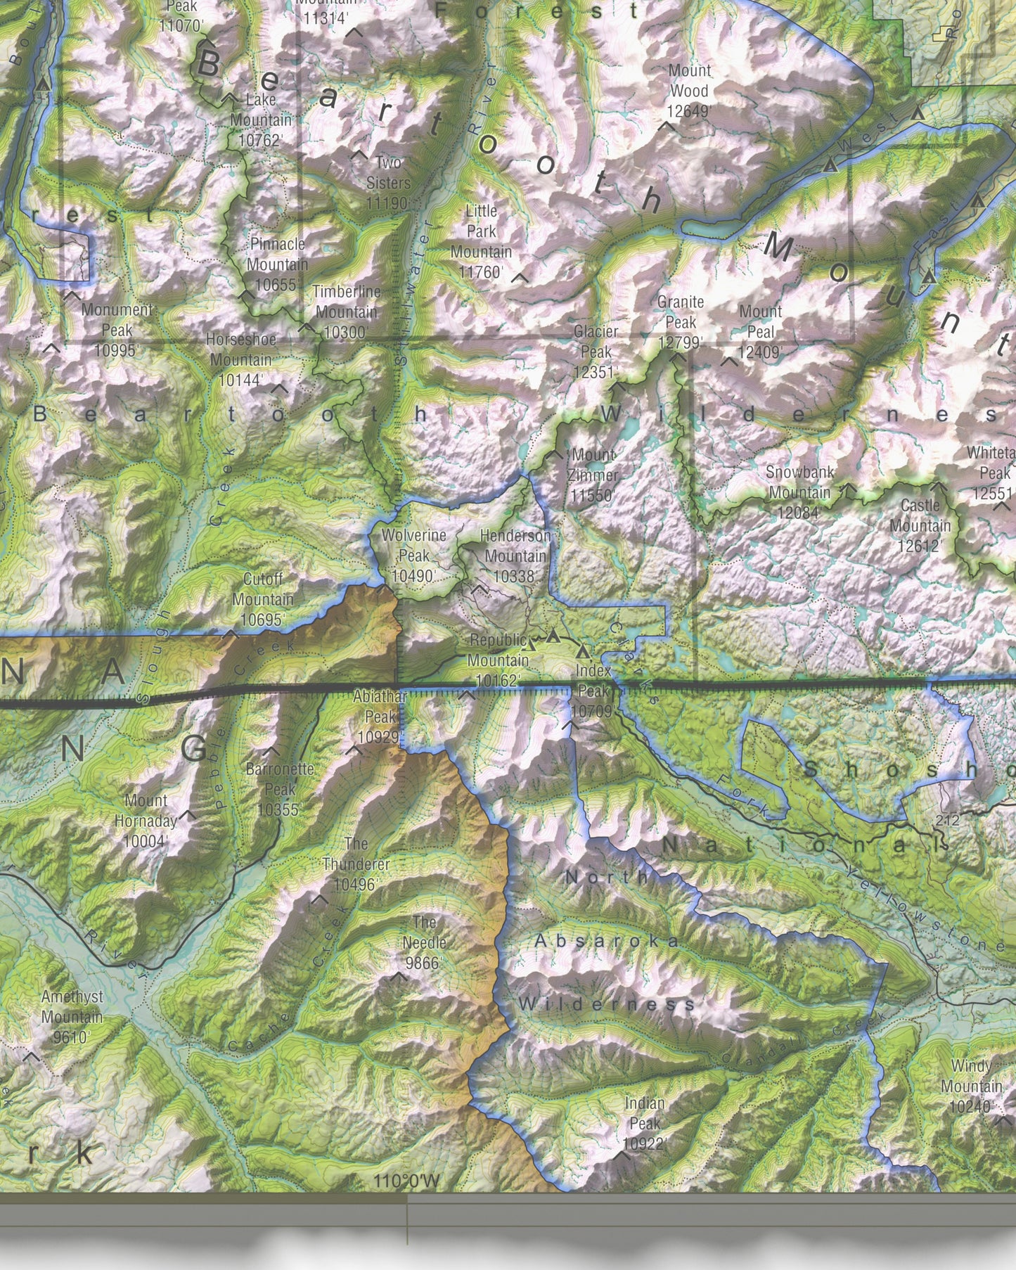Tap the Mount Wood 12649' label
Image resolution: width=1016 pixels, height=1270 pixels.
[x=689, y=91]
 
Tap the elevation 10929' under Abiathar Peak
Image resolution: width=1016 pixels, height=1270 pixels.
[x=379, y=737]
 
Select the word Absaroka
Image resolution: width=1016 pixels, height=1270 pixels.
[x=607, y=941]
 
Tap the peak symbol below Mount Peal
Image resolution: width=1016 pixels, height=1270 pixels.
[x=729, y=362]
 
